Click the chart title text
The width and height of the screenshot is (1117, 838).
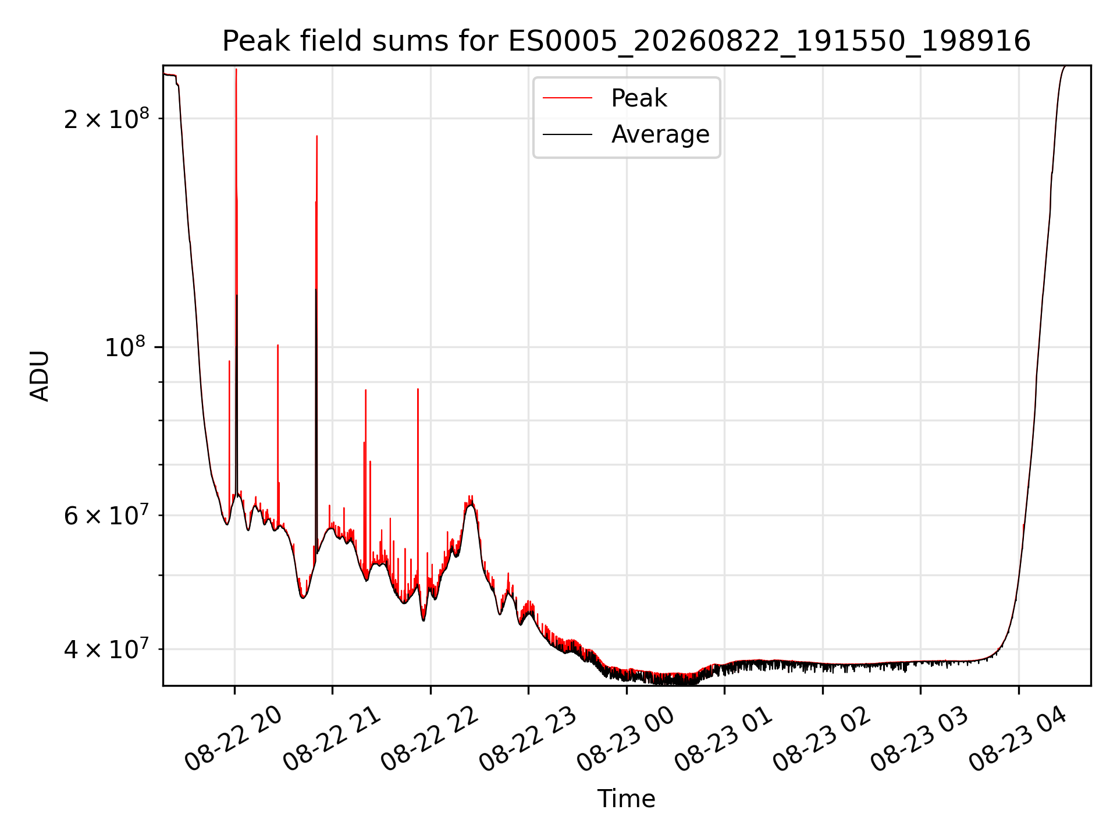tap(627, 41)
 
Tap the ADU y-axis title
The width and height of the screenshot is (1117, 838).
tap(40, 375)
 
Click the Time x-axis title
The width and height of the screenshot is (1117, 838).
tap(627, 798)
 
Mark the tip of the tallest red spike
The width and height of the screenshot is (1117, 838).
tap(236, 69)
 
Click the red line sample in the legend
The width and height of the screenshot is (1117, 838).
tap(567, 98)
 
